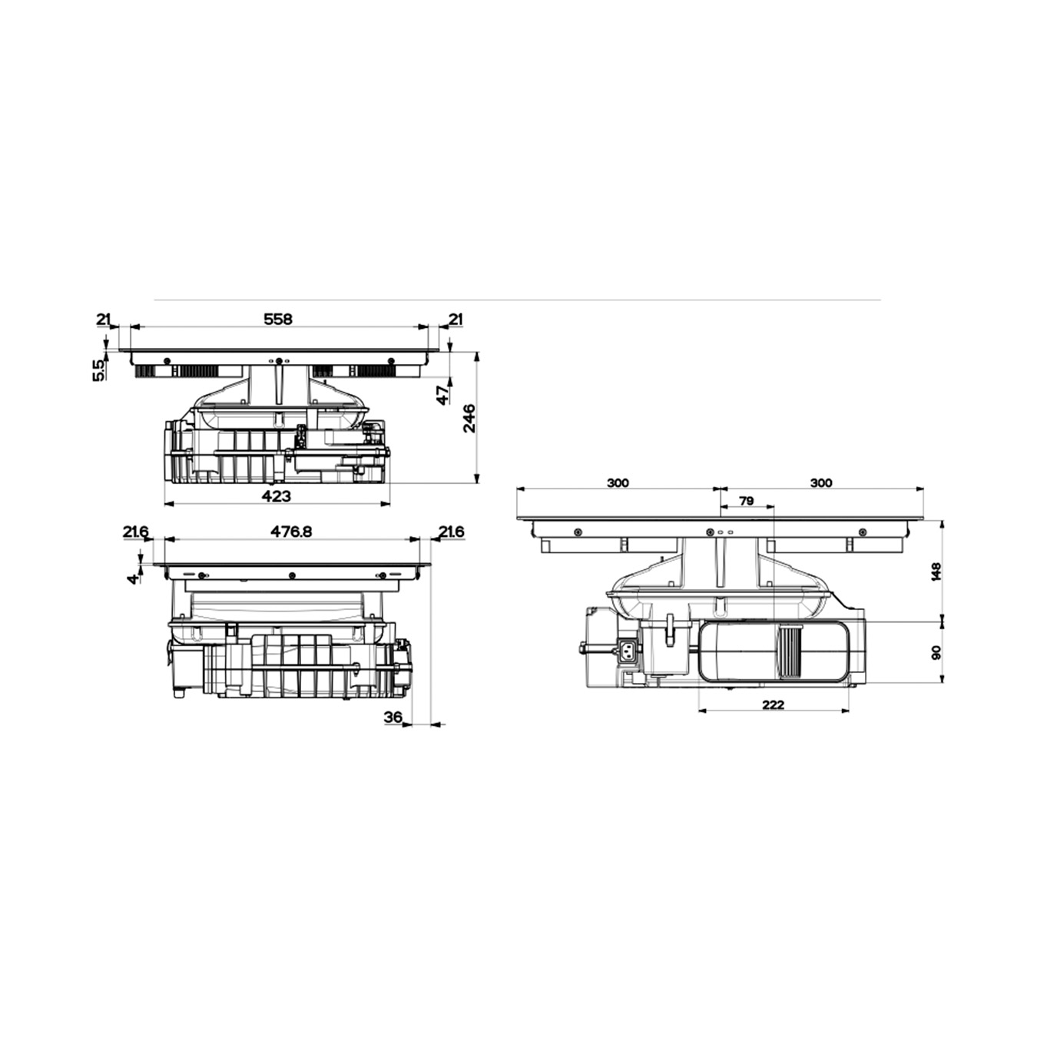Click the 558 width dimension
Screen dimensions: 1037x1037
pos(277,319)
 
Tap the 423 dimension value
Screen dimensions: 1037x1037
pos(276,495)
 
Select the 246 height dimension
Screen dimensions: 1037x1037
pos(470,418)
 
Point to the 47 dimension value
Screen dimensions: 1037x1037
pos(443,396)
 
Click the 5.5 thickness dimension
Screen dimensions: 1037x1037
pos(98,370)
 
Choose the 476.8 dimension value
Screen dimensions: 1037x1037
pos(291,532)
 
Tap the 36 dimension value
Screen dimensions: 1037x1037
pos(393,717)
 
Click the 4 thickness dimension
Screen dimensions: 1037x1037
pos(132,579)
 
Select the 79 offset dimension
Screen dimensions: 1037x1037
pos(747,501)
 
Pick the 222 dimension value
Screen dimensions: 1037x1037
pos(774,704)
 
